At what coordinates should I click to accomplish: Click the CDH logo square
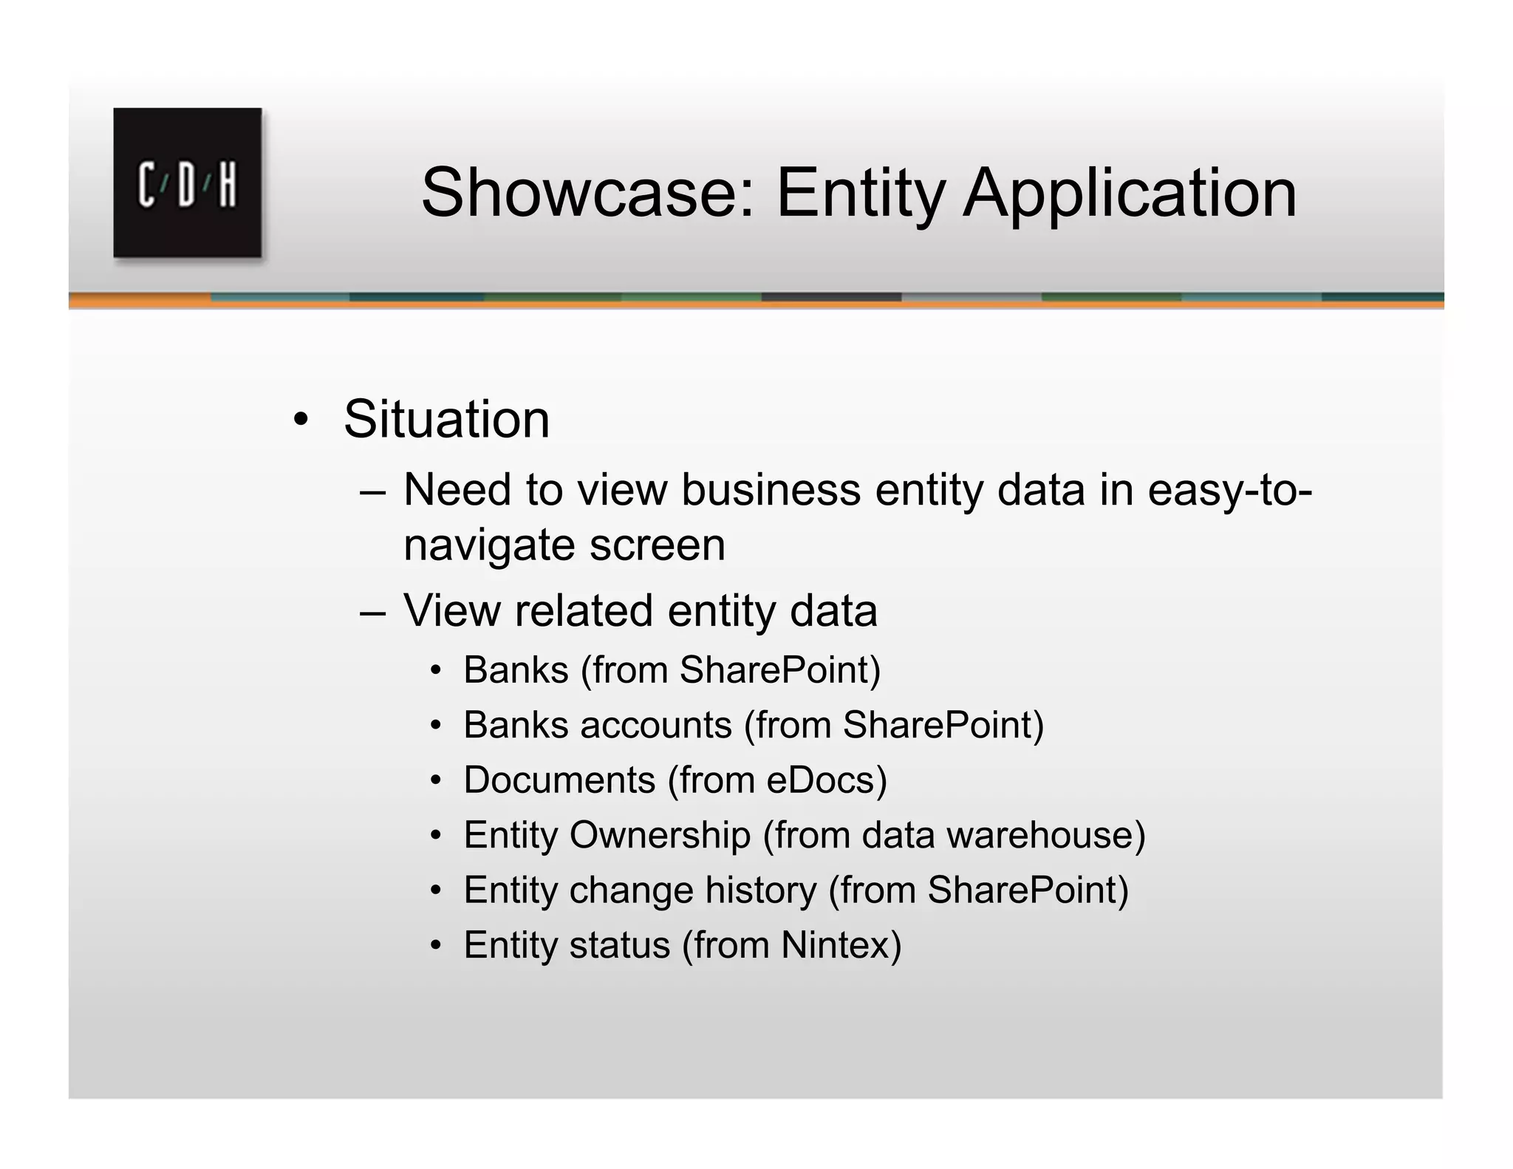pos(187,183)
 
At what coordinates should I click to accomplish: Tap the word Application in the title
pos(1130,194)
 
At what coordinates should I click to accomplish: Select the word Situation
pos(446,419)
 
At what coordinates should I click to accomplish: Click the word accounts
pos(655,725)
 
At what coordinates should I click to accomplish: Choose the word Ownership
pos(660,836)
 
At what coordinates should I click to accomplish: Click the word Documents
pos(559,780)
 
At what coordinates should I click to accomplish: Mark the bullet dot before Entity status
pos(437,946)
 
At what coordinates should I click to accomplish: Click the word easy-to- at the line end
pos(1229,491)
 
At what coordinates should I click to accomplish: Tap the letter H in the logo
pos(228,185)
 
